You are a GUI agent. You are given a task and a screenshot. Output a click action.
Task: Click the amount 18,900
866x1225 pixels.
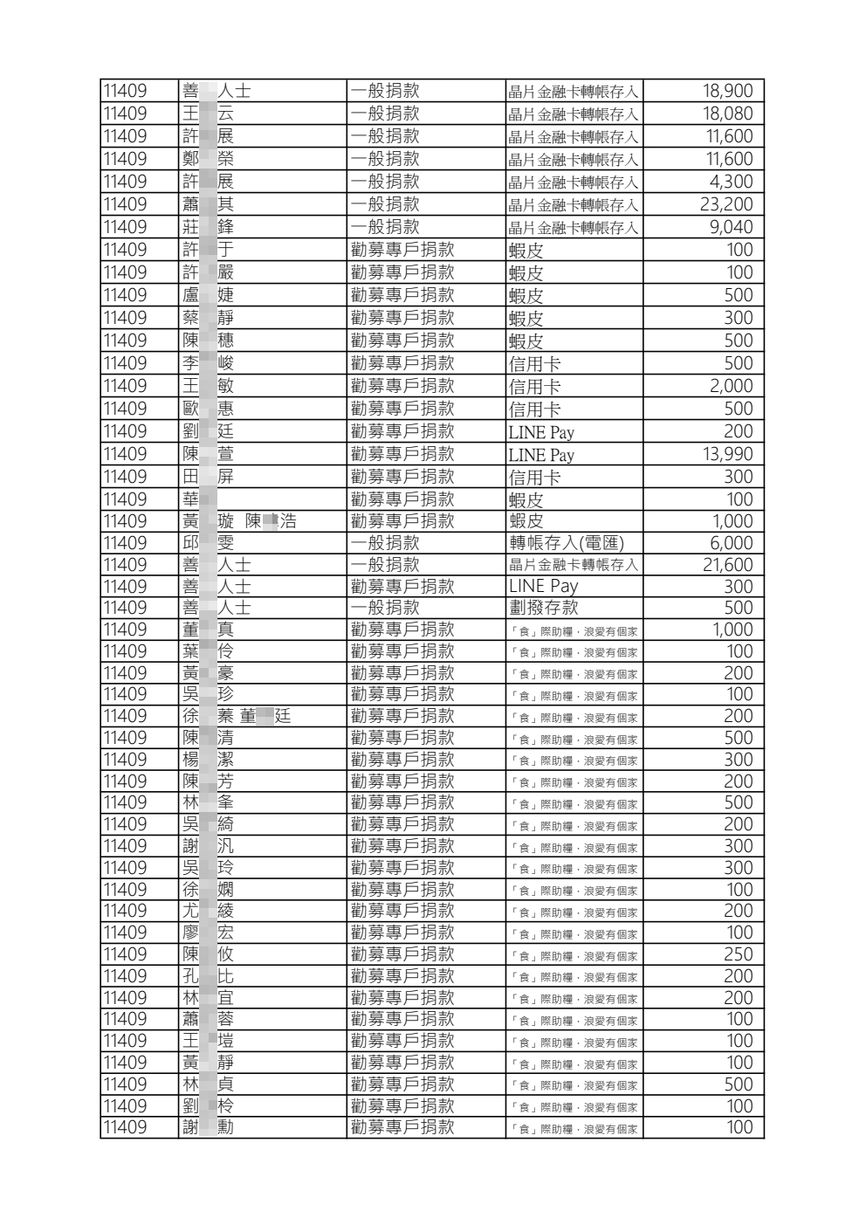[x=727, y=91]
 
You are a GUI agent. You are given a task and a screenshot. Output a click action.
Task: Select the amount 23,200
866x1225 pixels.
[x=725, y=204]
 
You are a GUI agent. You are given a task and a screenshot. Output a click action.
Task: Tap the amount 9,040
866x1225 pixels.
[x=729, y=227]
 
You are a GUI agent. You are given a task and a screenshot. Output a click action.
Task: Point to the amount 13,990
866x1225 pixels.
[x=727, y=454]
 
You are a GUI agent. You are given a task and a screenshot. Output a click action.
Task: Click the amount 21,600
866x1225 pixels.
[x=727, y=565]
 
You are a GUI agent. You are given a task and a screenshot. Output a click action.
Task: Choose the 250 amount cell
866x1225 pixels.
[x=738, y=954]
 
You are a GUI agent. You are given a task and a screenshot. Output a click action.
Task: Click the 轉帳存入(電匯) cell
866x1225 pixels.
[x=567, y=543]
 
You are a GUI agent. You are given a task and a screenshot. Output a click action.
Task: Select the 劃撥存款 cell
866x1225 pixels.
[x=543, y=608]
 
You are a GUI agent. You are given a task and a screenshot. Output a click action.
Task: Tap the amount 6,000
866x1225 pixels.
[x=731, y=543]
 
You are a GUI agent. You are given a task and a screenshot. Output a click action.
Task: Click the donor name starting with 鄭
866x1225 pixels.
[x=208, y=159]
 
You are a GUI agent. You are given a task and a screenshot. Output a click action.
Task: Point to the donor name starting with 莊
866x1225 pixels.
[x=208, y=227]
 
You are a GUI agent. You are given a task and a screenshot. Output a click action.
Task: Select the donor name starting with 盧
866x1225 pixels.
[x=208, y=295]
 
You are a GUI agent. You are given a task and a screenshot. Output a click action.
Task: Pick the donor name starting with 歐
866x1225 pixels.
[x=208, y=409]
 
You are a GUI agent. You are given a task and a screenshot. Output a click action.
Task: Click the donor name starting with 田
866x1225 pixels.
[x=208, y=477]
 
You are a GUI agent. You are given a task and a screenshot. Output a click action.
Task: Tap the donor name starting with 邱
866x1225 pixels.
[x=208, y=543]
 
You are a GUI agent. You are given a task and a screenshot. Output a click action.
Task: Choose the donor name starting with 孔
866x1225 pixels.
[x=208, y=976]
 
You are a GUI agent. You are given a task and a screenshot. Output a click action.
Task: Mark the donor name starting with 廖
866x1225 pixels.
[x=208, y=933]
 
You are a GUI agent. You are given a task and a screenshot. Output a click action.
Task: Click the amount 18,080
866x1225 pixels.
[x=727, y=114]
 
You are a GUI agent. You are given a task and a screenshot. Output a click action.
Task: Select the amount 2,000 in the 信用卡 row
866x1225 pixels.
[x=731, y=386]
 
